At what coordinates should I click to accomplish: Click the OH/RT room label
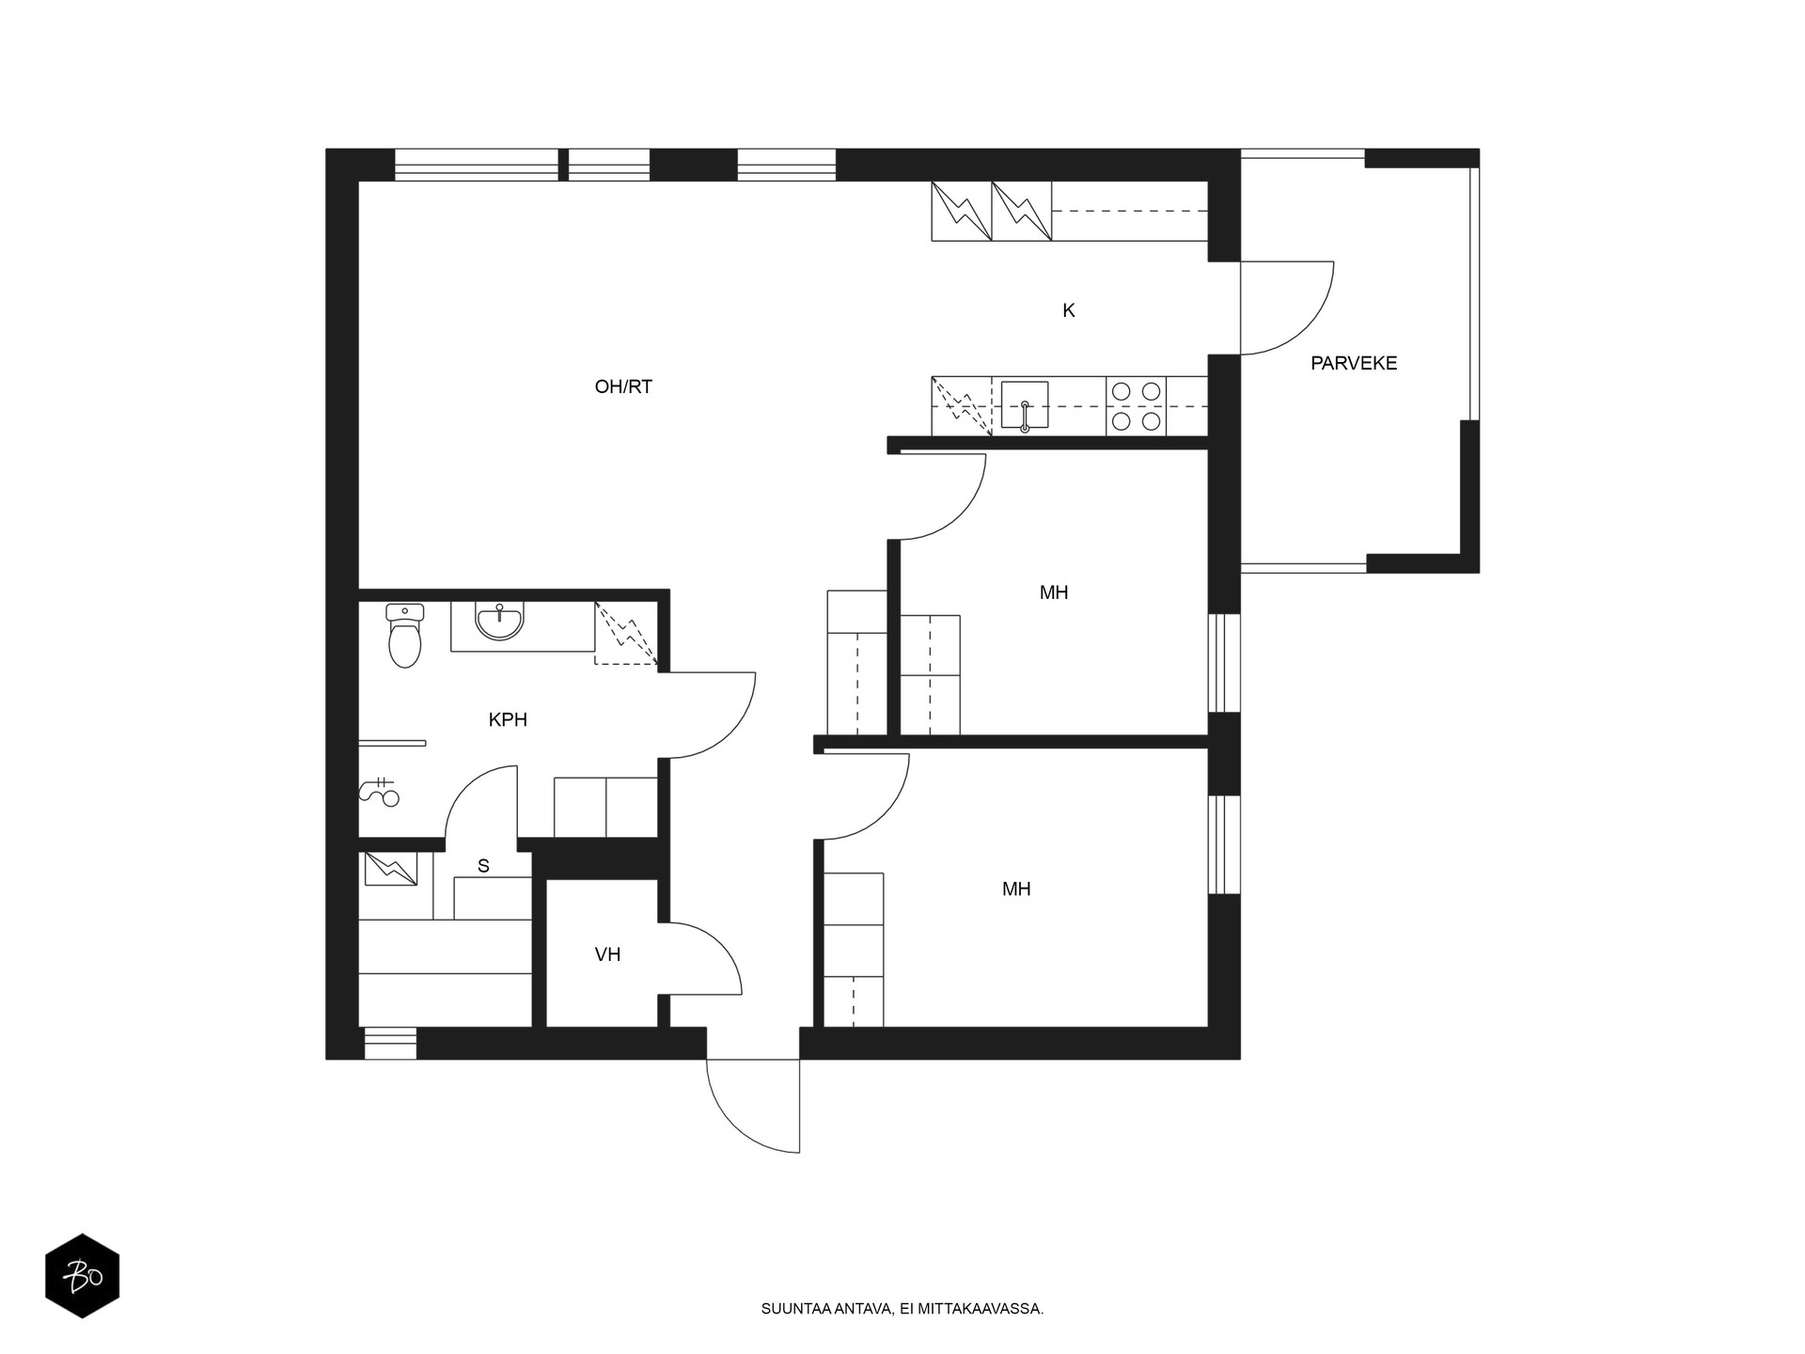point(623,386)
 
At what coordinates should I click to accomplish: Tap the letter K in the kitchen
point(1068,310)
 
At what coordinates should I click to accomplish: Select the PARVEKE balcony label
point(1354,363)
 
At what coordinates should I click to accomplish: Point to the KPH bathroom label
point(508,720)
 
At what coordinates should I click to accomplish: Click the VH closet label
point(607,955)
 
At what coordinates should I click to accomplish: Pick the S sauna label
point(483,866)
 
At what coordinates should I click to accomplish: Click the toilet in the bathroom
point(405,636)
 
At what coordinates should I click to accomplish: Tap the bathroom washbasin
point(499,622)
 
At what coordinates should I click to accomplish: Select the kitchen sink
point(1025,406)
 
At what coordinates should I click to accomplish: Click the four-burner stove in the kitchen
point(1136,406)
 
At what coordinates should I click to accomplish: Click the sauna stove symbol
point(390,869)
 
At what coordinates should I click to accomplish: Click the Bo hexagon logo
point(83,1275)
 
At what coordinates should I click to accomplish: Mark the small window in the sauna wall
point(390,1044)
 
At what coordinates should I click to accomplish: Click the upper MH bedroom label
point(1054,592)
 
